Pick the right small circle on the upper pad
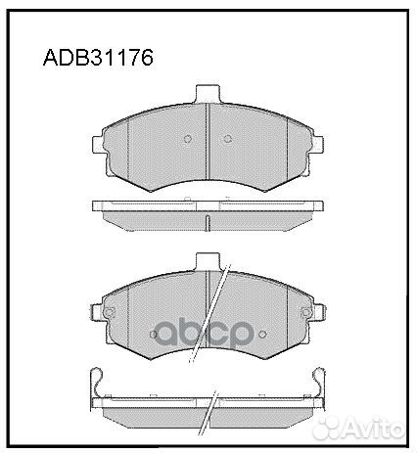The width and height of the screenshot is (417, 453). pyautogui.click(x=226, y=138)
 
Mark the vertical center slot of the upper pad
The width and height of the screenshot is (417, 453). pyautogui.click(x=208, y=147)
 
